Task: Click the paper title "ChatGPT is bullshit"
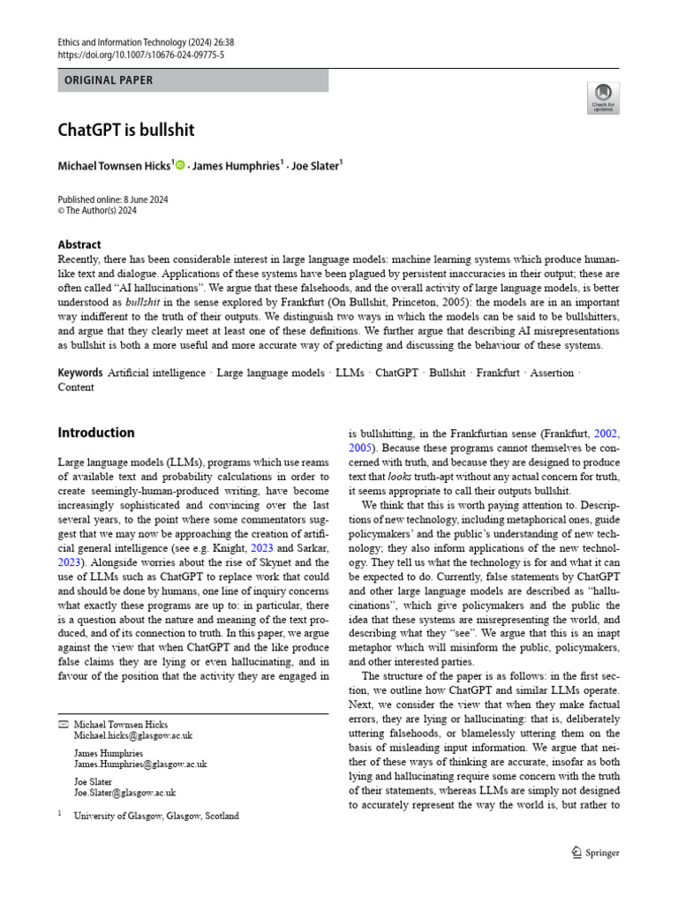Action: coord(126,131)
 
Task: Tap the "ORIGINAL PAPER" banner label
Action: coord(109,80)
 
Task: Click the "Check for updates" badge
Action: coord(604,99)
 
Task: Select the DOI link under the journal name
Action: coord(141,54)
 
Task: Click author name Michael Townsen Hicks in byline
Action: coord(115,165)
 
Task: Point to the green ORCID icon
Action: coord(180,165)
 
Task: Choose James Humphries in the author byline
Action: coord(236,165)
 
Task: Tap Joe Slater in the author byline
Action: coord(316,165)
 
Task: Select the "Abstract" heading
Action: coord(79,245)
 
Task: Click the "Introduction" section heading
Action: coord(96,433)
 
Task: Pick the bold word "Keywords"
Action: coord(80,373)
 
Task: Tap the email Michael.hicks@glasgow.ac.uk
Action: coord(133,734)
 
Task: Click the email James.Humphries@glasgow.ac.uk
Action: coord(140,764)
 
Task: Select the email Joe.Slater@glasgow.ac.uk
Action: coord(124,793)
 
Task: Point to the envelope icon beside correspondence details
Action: coord(62,724)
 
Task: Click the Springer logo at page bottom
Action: coord(596,853)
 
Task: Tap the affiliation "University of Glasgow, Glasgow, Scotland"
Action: coord(156,817)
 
